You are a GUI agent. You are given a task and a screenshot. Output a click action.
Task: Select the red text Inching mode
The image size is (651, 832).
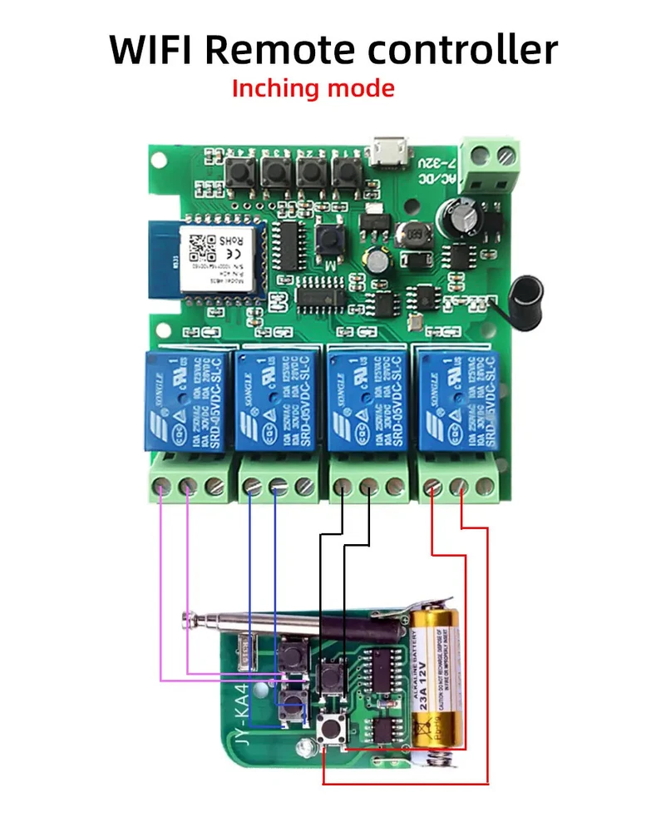[x=313, y=88]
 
